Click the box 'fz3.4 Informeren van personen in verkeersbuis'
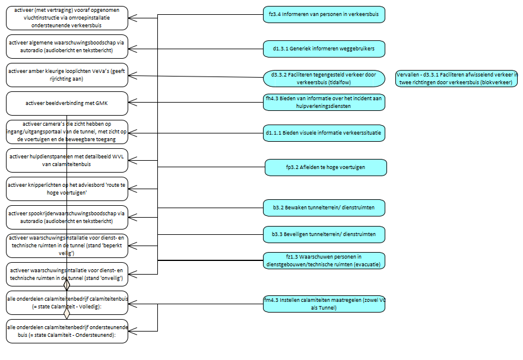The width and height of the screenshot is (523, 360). coord(324,15)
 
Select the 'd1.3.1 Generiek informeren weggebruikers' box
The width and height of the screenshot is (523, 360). coord(324,48)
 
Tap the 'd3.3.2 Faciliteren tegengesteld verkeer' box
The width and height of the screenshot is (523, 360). coord(324,78)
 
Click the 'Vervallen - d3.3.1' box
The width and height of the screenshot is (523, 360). coord(457,78)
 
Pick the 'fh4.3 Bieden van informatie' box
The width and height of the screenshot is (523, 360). coord(324,102)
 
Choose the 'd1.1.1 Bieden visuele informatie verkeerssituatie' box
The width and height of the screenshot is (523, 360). coord(324,133)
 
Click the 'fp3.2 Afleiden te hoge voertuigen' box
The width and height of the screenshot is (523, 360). coord(325,168)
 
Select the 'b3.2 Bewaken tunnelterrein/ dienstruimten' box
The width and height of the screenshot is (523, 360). coord(324,208)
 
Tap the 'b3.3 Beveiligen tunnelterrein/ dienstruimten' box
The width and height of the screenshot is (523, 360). coord(324,234)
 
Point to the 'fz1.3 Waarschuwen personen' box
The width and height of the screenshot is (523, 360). coord(324,260)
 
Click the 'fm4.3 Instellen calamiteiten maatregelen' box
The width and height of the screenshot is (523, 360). coord(324,304)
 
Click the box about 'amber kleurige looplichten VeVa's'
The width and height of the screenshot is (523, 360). coord(67,75)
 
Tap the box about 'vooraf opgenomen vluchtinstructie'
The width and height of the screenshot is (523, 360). coord(67,18)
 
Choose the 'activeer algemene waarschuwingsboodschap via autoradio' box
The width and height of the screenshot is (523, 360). coord(67,46)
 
